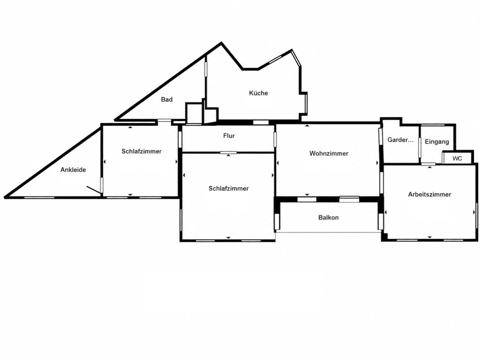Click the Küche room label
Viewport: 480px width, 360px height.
[x=258, y=93]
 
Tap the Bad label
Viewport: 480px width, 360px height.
[x=167, y=99]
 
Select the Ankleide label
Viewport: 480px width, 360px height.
[x=73, y=170]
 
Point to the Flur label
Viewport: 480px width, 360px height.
[x=229, y=136]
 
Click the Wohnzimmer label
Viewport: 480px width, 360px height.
[x=329, y=153]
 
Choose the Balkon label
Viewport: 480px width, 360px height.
[x=328, y=217]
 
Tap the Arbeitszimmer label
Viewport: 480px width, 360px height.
[x=429, y=194]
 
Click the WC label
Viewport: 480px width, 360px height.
[x=457, y=158]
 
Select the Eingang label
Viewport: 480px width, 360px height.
[x=437, y=142]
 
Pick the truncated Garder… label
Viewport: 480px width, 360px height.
[x=400, y=140]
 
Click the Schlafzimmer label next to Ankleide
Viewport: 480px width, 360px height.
[x=141, y=151]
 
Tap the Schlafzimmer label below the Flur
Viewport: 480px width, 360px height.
[x=229, y=188]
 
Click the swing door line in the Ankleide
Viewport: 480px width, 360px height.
[x=94, y=190]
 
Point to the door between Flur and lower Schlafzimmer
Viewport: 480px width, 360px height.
[x=228, y=153]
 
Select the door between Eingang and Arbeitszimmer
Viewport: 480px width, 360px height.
[x=428, y=164]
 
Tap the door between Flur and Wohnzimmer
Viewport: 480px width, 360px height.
[x=275, y=139]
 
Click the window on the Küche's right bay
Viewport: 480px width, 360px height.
[x=306, y=103]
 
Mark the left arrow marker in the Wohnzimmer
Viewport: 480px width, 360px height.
[x=278, y=163]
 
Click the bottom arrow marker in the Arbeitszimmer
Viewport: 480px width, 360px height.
[x=430, y=237]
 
